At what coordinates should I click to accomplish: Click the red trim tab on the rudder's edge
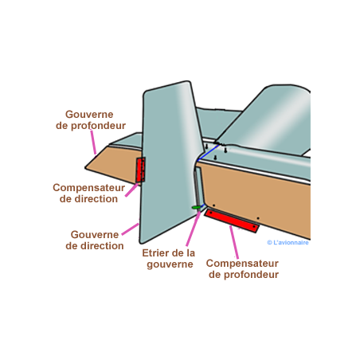pyautogui.click(x=140, y=170)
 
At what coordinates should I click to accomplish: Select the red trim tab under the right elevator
pyautogui.click(x=232, y=221)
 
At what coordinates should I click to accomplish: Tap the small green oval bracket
pyautogui.click(x=196, y=207)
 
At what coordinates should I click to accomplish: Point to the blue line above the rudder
pyautogui.click(x=208, y=152)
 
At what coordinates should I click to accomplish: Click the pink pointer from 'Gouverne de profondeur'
pyautogui.click(x=93, y=142)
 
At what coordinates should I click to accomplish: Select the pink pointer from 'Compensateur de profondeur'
pyautogui.click(x=234, y=242)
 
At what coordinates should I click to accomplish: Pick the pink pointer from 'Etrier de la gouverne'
pyautogui.click(x=193, y=229)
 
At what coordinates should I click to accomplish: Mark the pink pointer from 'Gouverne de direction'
pyautogui.click(x=131, y=229)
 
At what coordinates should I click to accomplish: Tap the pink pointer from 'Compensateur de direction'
pyautogui.click(x=132, y=190)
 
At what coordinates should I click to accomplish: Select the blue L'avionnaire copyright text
pyautogui.click(x=288, y=242)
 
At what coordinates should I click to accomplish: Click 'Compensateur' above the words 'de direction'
pyautogui.click(x=88, y=188)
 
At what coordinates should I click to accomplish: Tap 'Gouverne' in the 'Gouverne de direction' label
pyautogui.click(x=95, y=235)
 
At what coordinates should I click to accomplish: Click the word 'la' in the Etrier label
pyautogui.click(x=190, y=253)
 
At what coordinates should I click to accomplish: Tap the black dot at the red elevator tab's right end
pyautogui.click(x=254, y=227)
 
